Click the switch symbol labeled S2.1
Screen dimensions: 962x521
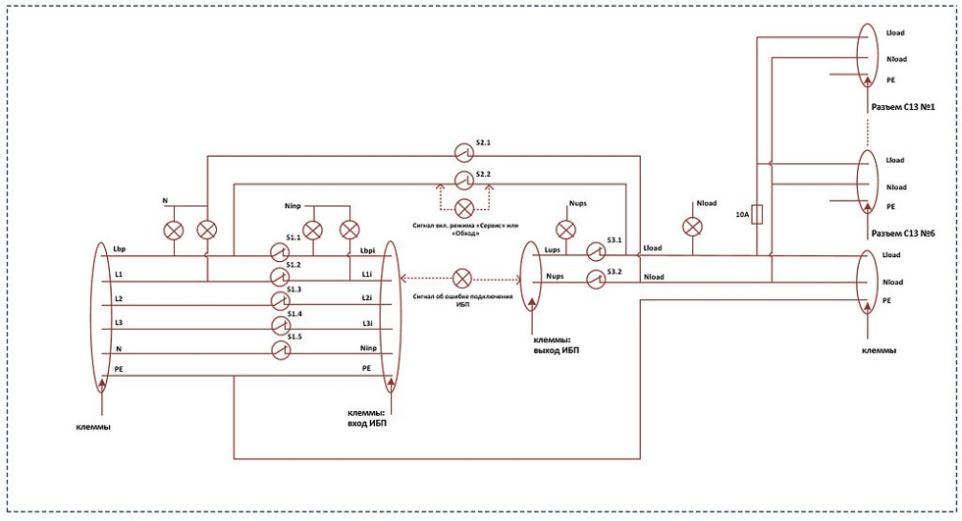463,151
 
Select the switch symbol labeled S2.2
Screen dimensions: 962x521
463,179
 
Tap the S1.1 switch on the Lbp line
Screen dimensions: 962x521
280,252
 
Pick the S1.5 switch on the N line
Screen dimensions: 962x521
281,350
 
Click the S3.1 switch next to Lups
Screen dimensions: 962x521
595,251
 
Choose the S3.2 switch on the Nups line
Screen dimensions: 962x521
595,280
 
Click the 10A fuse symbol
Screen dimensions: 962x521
757,215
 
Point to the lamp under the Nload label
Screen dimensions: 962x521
693,227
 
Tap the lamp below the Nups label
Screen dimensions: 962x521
565,230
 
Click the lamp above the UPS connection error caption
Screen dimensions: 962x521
462,279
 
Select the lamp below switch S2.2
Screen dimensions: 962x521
463,208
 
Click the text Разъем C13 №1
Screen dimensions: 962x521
903,107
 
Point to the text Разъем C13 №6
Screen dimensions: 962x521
903,234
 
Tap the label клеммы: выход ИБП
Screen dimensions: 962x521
556,345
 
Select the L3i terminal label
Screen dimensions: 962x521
367,323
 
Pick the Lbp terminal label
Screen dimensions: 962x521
120,250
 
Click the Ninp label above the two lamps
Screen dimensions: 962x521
294,206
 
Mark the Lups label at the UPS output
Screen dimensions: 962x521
552,250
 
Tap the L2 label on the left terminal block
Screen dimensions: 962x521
119,298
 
